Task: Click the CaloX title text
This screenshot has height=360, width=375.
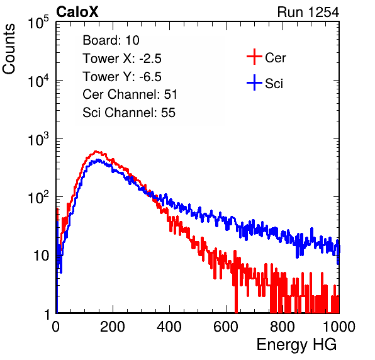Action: [77, 12]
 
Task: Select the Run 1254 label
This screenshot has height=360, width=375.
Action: [308, 12]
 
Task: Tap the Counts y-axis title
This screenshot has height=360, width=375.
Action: [9, 49]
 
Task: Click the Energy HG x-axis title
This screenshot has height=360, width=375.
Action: [296, 344]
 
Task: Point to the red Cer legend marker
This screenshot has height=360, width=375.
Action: [254, 57]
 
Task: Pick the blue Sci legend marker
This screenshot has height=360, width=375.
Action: [254, 82]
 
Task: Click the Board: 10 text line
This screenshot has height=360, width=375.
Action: [111, 40]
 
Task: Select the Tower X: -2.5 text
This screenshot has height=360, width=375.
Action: [122, 59]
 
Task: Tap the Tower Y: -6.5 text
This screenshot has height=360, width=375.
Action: [122, 77]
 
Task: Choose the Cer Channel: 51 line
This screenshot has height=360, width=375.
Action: [130, 94]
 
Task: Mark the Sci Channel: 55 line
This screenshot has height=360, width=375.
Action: [129, 113]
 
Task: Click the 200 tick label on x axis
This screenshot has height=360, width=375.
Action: [113, 327]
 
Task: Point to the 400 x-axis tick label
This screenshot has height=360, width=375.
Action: [169, 327]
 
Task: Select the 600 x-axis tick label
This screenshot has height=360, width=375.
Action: [226, 327]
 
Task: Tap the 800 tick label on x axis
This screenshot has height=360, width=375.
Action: [283, 327]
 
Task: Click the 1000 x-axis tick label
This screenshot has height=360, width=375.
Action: [339, 327]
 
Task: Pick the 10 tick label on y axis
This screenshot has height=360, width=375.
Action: [41, 256]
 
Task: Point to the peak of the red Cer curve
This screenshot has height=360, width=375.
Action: [96, 152]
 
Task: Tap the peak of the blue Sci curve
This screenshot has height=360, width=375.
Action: [98, 160]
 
